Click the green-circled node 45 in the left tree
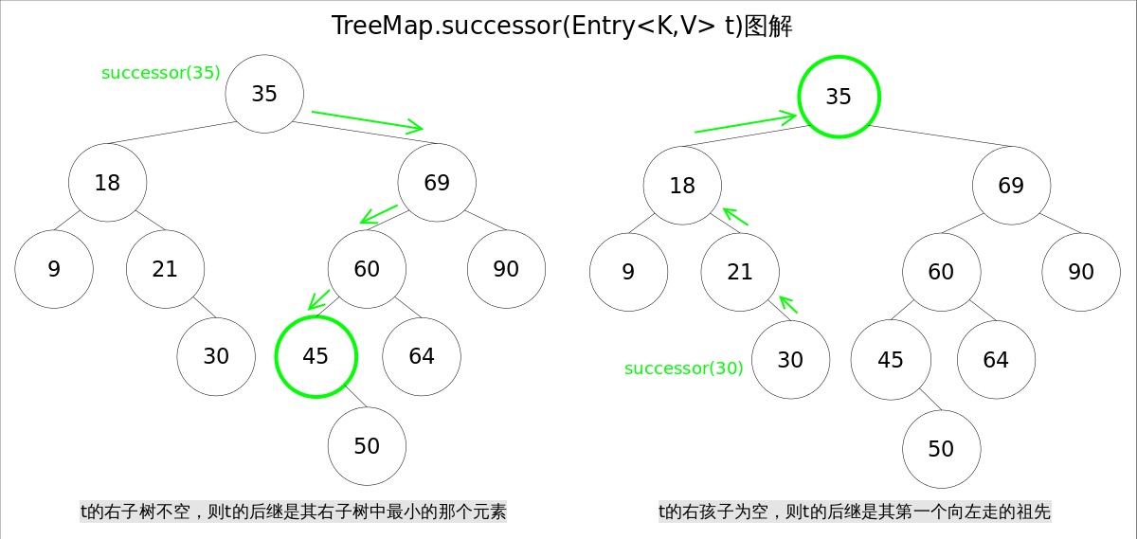316,356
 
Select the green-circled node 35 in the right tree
839,97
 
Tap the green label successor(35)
160,73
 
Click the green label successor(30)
683,368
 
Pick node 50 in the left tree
367,446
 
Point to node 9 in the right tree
628,273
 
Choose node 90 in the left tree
506,269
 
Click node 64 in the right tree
996,360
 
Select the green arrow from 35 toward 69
367,120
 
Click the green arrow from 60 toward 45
319,299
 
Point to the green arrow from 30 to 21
788,304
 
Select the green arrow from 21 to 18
735,216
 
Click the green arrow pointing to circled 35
746,123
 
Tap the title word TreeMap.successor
444,26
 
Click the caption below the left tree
293,512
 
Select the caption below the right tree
855,512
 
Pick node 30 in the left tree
216,356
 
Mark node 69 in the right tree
1011,186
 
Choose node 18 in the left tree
107,183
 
